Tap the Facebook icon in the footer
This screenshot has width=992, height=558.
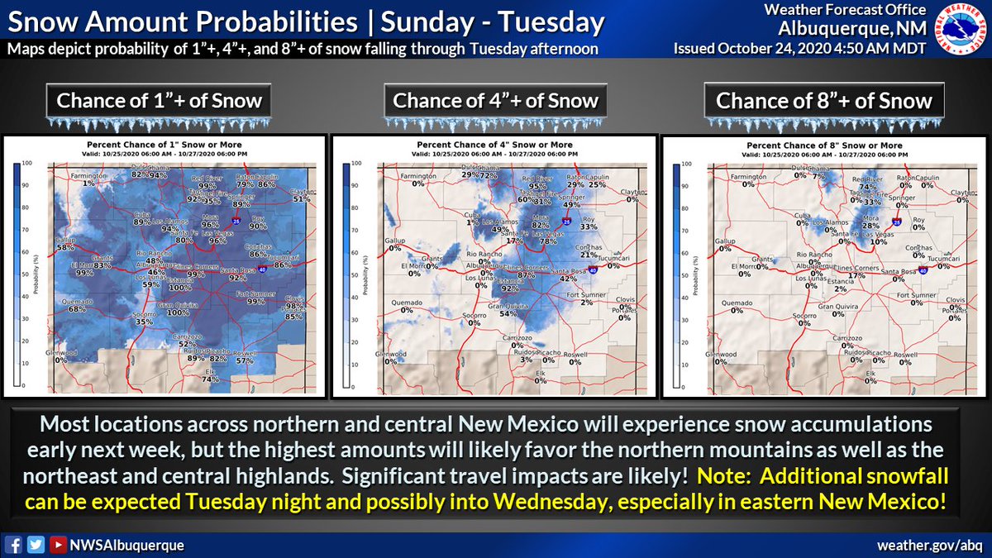pyautogui.click(x=13, y=546)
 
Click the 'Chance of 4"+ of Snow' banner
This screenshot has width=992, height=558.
pyautogui.click(x=495, y=102)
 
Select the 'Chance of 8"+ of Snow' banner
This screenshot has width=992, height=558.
pyautogui.click(x=823, y=102)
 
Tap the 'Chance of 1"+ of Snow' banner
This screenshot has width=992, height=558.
pyautogui.click(x=159, y=102)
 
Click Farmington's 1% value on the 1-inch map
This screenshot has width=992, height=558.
pyautogui.click(x=89, y=184)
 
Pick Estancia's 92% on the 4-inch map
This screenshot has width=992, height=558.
pyautogui.click(x=509, y=289)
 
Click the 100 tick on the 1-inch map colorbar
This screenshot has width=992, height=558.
pyautogui.click(x=26, y=164)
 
